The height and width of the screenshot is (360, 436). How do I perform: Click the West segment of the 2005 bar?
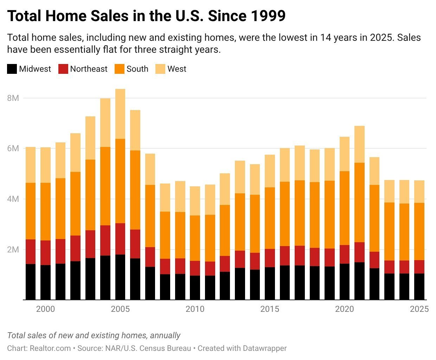point(120,114)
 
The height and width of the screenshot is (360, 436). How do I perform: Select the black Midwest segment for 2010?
point(195,288)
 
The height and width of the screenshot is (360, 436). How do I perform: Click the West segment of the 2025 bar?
point(419,192)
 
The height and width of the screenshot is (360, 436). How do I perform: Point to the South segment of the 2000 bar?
point(45,212)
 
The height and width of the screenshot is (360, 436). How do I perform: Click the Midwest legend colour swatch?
point(12,69)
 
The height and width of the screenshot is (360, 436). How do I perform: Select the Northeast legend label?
point(89,69)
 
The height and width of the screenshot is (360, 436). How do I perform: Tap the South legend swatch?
point(120,69)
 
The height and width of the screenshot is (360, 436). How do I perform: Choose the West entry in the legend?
point(177,69)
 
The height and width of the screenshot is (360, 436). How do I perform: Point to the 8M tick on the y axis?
point(13,98)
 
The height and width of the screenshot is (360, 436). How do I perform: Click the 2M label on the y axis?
point(13,250)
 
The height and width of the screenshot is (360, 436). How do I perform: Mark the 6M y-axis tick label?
point(13,148)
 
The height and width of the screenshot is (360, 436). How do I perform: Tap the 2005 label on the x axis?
point(120,309)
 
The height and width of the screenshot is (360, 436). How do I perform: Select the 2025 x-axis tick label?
point(419,309)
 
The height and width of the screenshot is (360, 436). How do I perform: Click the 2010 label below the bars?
point(195,309)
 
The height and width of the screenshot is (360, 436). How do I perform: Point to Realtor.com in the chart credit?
point(50,348)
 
